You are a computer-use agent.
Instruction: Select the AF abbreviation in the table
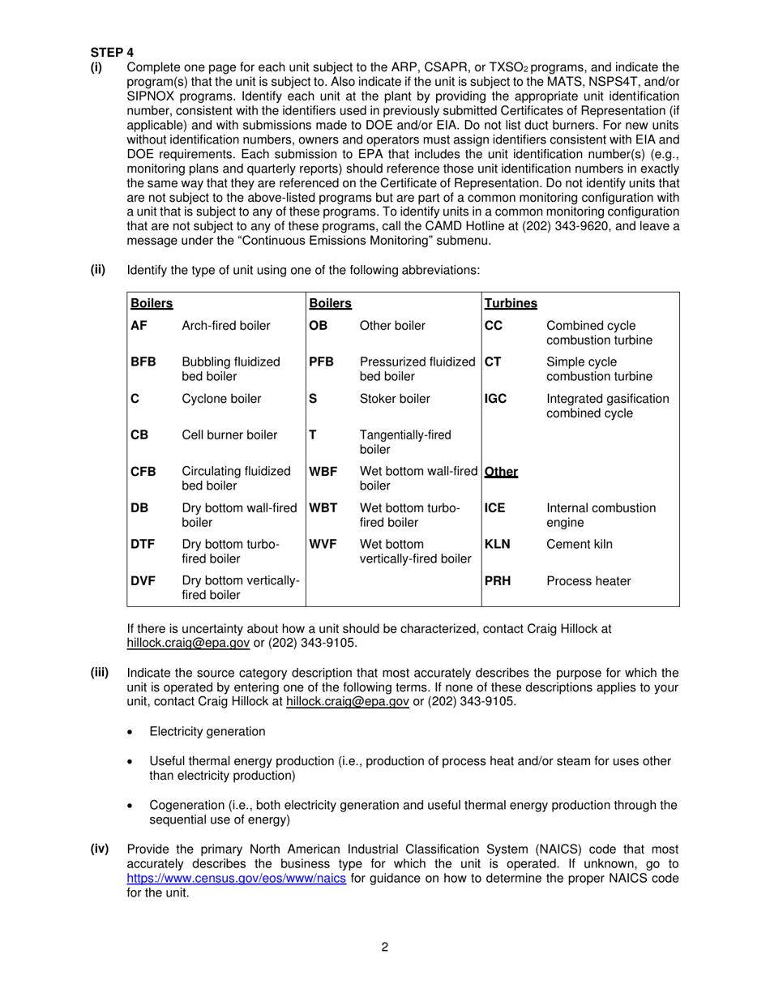tap(139, 326)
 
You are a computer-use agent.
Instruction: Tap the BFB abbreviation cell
tap(143, 362)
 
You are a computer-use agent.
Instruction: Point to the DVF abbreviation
tap(143, 581)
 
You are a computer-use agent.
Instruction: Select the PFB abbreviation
tap(322, 362)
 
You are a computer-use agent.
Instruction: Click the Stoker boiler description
tap(395, 399)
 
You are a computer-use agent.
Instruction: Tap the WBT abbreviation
tap(323, 508)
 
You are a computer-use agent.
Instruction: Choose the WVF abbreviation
tap(323, 545)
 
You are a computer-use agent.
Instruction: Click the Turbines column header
tap(511, 303)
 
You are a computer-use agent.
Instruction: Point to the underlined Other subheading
tap(501, 472)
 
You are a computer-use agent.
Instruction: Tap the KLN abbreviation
tap(498, 545)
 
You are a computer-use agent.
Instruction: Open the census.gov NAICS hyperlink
tap(237, 879)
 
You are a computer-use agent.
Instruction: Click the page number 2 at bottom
tap(385, 947)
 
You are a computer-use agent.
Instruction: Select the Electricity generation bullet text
tap(207, 732)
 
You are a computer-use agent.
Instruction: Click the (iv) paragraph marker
tap(100, 849)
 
